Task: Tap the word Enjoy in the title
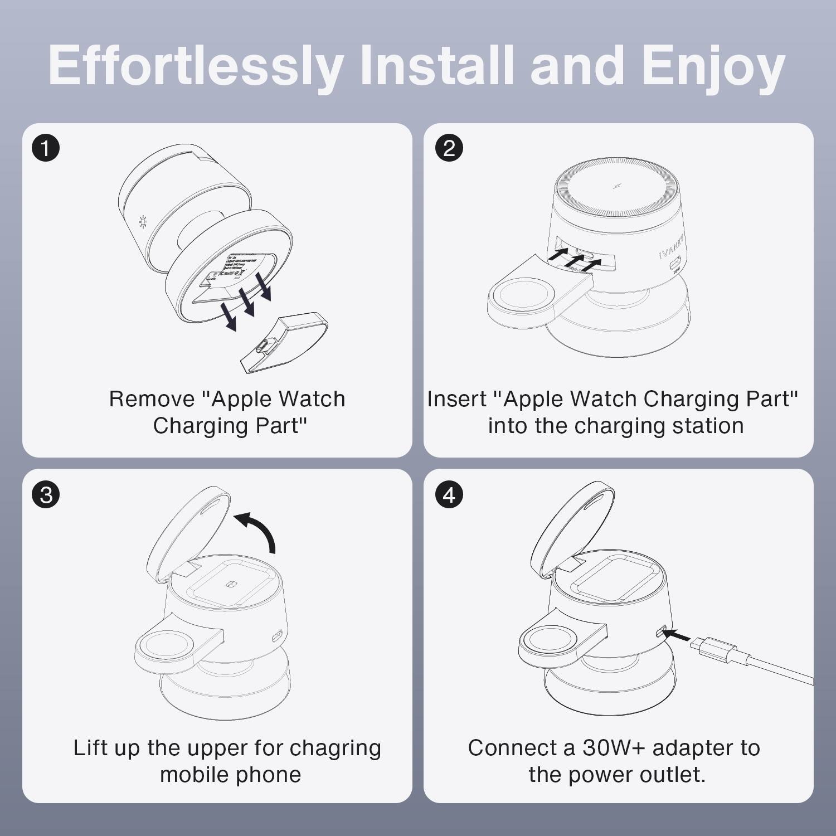(x=713, y=66)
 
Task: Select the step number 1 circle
(x=46, y=148)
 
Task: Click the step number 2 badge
(x=449, y=148)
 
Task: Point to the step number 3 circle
(x=46, y=495)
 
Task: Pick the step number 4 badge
(x=449, y=495)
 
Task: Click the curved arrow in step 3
(x=258, y=529)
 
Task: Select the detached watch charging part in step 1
(x=284, y=343)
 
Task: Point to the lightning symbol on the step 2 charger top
(x=617, y=186)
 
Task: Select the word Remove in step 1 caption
(x=152, y=399)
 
